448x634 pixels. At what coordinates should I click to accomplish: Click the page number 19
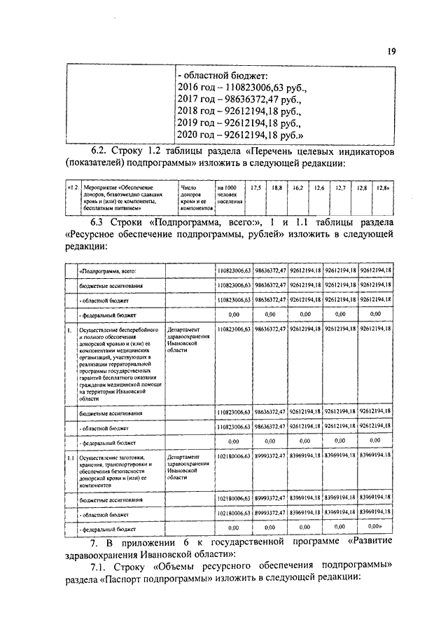(391, 51)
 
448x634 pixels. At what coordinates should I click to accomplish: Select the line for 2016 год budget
(241, 90)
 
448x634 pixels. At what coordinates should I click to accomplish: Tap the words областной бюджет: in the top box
(229, 76)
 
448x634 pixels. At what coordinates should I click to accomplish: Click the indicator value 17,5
(255, 188)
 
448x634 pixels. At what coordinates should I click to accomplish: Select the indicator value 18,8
(276, 188)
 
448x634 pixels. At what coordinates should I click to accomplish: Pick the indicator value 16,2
(297, 188)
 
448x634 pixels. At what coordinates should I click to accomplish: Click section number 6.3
(101, 223)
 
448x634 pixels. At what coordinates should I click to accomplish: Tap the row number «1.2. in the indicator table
(72, 187)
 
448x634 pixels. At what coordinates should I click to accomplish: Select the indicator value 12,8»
(382, 188)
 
